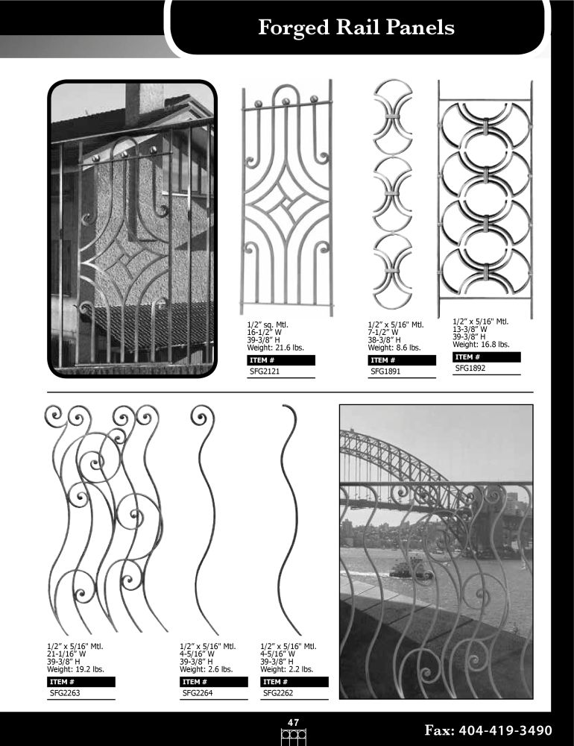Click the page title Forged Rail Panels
pyautogui.click(x=356, y=28)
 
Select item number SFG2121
pyautogui.click(x=265, y=372)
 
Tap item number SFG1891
pyautogui.click(x=385, y=372)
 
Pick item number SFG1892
pyautogui.click(x=470, y=369)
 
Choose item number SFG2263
pyautogui.click(x=65, y=693)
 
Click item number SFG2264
pyautogui.click(x=198, y=693)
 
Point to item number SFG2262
pyautogui.click(x=278, y=693)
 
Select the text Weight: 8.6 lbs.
pyautogui.click(x=394, y=348)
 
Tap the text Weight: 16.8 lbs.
pyautogui.click(x=481, y=345)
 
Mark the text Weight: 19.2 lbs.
pyautogui.click(x=75, y=669)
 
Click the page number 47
pyautogui.click(x=294, y=723)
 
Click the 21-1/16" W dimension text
pyautogui.click(x=66, y=654)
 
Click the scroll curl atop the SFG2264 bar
pyautogui.click(x=202, y=417)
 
